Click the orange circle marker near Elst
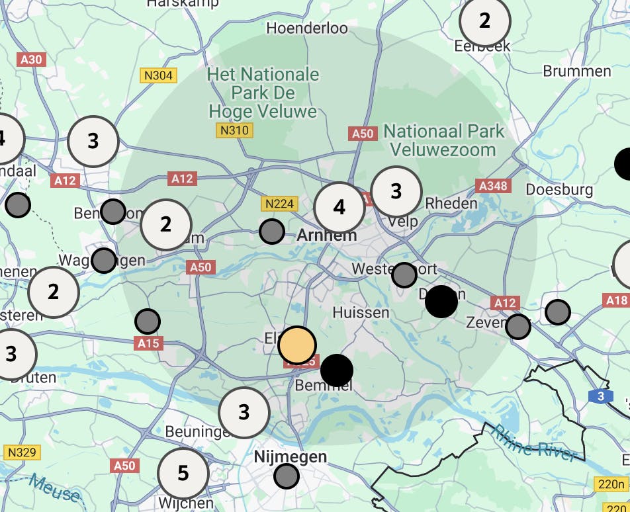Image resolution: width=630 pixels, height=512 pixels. coord(297,345)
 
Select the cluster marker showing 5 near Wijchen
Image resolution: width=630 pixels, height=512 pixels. coord(183,473)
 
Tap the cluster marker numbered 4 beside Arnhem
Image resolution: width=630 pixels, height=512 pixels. coord(339,208)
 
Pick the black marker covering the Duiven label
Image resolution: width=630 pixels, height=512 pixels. coord(441,302)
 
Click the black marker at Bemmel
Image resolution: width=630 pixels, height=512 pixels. coord(337,370)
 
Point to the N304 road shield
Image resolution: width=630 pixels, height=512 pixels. coord(157,75)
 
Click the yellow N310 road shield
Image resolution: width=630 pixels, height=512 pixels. coord(234,130)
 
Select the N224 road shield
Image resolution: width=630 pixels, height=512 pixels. coord(279,204)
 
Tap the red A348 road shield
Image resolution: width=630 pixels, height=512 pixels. coord(492,186)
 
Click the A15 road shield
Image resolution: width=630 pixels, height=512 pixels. coord(149,343)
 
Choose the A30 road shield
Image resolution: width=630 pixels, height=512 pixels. coord(31,60)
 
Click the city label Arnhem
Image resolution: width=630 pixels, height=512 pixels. coord(327,235)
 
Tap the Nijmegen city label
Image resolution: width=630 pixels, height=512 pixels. coord(291,456)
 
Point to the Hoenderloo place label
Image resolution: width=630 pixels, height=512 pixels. coord(307,28)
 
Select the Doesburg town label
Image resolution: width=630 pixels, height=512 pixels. coord(559,190)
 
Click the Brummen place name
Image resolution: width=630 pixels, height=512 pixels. coord(576,71)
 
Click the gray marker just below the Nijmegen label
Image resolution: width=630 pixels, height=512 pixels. coord(287,476)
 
